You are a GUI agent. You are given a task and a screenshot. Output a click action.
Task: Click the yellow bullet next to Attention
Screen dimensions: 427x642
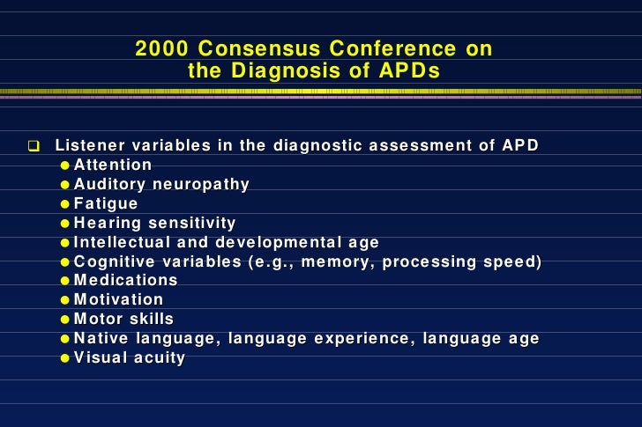tap(66, 166)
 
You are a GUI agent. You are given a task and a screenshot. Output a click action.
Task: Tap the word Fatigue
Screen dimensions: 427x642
tap(106, 203)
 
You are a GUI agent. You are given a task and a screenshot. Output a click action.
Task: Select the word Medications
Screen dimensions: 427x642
tap(126, 281)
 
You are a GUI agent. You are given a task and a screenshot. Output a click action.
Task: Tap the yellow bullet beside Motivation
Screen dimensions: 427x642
tap(66, 300)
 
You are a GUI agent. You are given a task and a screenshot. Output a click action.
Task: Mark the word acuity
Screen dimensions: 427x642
tap(161, 357)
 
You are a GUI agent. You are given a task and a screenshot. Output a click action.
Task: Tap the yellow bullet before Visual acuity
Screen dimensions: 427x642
tap(66, 358)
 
